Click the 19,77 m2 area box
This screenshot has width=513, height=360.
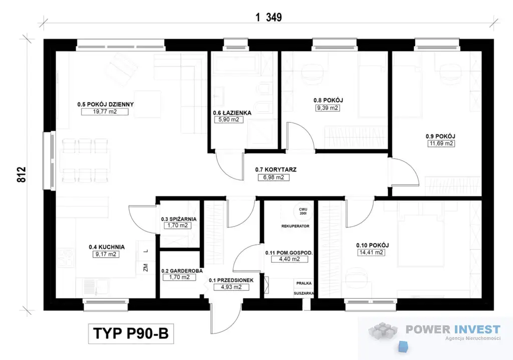coord(105,112)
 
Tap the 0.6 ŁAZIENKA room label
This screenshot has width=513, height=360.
coord(232,113)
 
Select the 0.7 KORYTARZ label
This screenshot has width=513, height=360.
coord(276,169)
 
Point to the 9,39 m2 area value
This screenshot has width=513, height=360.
coord(328,108)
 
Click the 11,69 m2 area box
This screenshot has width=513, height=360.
coord(441,143)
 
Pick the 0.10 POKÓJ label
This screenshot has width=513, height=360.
coord(372,245)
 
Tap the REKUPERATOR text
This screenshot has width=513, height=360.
coord(296,226)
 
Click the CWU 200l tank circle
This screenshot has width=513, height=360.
coord(303,211)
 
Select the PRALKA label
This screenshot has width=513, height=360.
coord(304,283)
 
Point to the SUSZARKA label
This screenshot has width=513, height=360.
coord(304,293)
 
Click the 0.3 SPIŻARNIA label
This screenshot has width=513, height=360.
coord(179,219)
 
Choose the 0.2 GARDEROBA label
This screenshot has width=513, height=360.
coord(182,271)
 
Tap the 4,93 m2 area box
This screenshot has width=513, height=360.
coord(231,287)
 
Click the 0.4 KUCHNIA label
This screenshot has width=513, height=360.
coord(107,247)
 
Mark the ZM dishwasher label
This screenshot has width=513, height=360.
coord(146,267)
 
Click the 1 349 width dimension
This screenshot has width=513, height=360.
coord(269,17)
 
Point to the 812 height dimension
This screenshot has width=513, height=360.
coord(21,174)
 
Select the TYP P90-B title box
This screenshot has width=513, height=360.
coord(131,334)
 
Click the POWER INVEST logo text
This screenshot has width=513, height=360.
coord(453,329)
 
